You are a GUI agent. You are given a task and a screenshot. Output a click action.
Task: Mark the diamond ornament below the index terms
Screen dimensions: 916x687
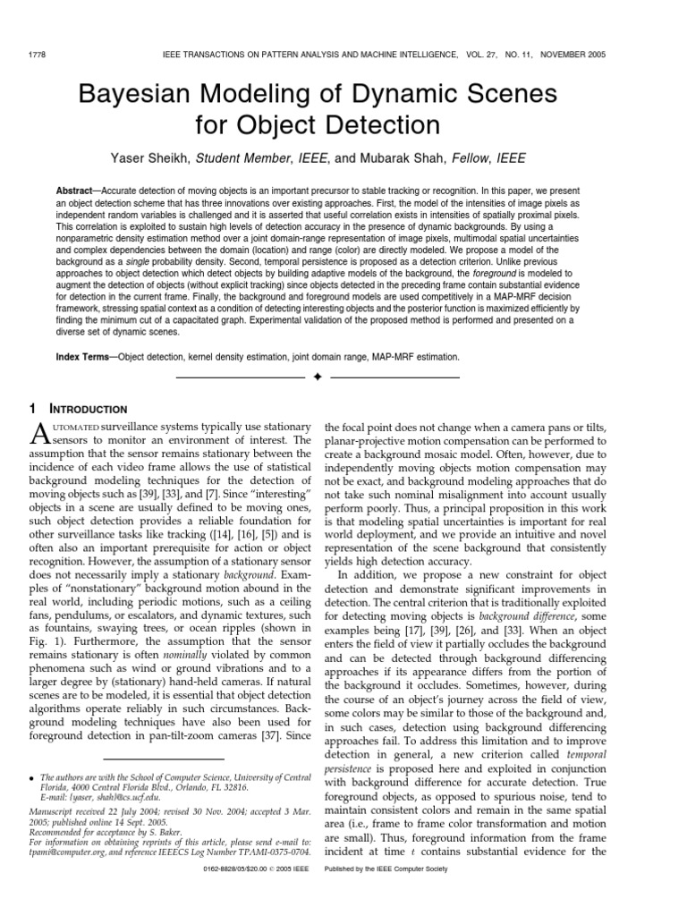point(317,377)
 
